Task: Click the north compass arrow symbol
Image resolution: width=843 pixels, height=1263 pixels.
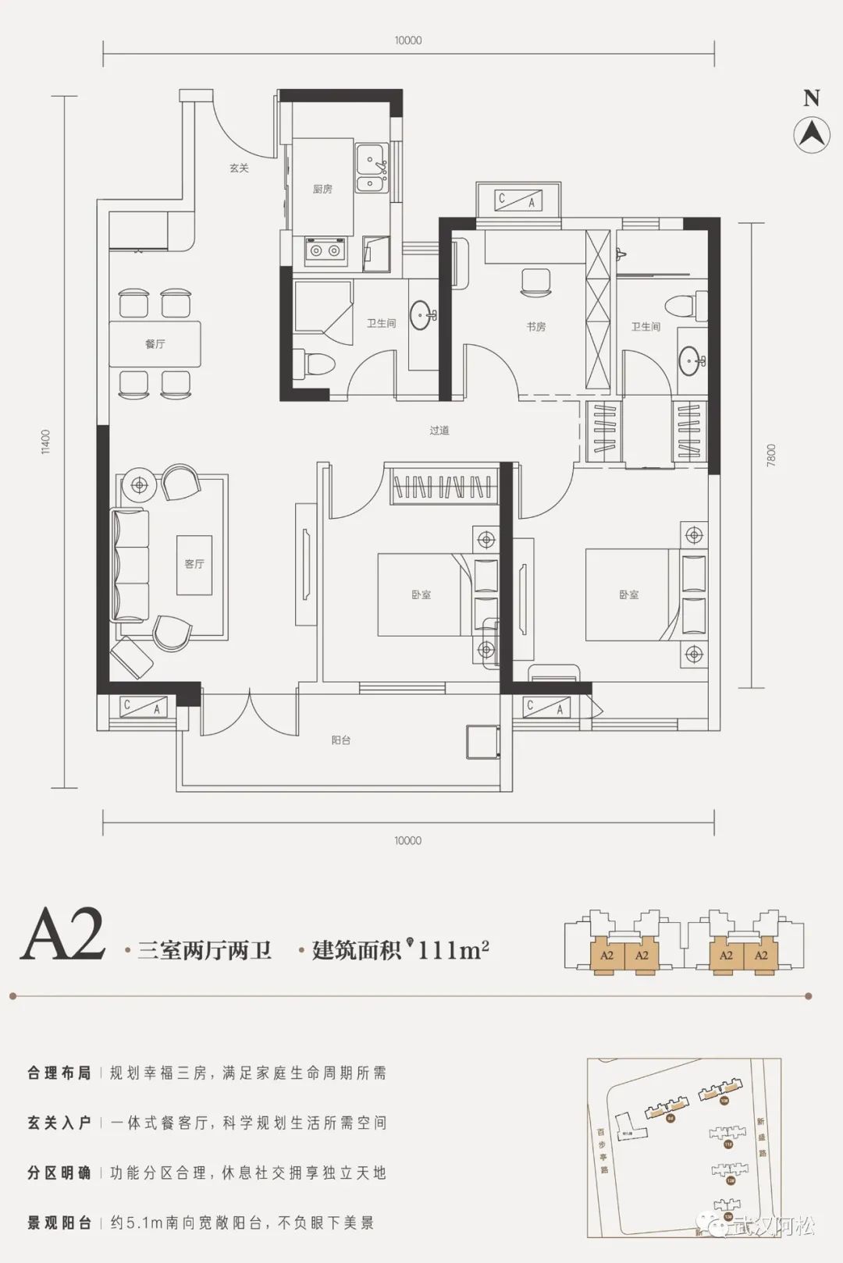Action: [x=812, y=134]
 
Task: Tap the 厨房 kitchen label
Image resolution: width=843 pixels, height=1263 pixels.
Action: [x=322, y=190]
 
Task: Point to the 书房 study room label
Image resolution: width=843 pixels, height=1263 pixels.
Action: [x=535, y=327]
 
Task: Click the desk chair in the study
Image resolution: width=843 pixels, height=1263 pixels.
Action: [x=535, y=282]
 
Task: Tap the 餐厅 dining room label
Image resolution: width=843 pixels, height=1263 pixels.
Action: [x=155, y=343]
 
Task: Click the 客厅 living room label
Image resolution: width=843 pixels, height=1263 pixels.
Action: [x=194, y=563]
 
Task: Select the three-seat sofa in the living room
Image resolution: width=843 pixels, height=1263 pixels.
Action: [x=130, y=565]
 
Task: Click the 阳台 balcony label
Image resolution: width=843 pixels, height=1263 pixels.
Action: [x=340, y=740]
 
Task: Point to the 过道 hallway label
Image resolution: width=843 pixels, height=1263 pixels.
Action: [x=439, y=430]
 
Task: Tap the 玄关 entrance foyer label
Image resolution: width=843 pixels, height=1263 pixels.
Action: [x=239, y=168]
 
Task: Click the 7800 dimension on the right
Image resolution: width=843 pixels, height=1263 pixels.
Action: [x=771, y=455]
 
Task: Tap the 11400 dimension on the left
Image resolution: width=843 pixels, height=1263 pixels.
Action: [x=46, y=442]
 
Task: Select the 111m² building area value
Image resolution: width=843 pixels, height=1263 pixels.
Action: [x=454, y=949]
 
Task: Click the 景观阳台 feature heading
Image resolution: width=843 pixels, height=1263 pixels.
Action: [x=59, y=1222]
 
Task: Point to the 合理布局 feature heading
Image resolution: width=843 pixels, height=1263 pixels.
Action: [x=59, y=1073]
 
